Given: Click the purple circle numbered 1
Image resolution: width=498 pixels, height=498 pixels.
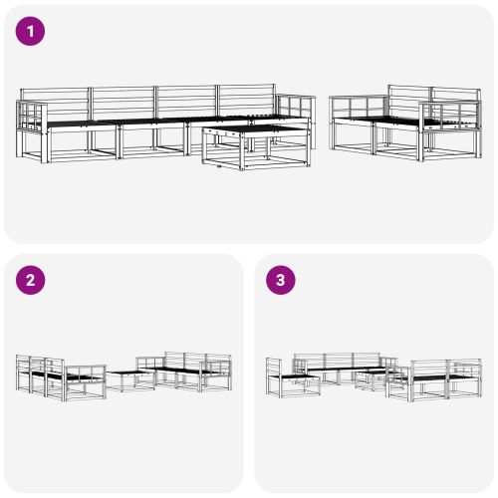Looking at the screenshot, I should (32, 32).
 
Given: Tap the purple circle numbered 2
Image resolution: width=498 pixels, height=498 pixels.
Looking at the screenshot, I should (32, 280).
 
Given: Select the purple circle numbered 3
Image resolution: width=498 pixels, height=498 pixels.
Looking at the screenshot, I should (282, 280).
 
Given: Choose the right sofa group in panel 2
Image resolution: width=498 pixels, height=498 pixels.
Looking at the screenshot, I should (189, 373).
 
